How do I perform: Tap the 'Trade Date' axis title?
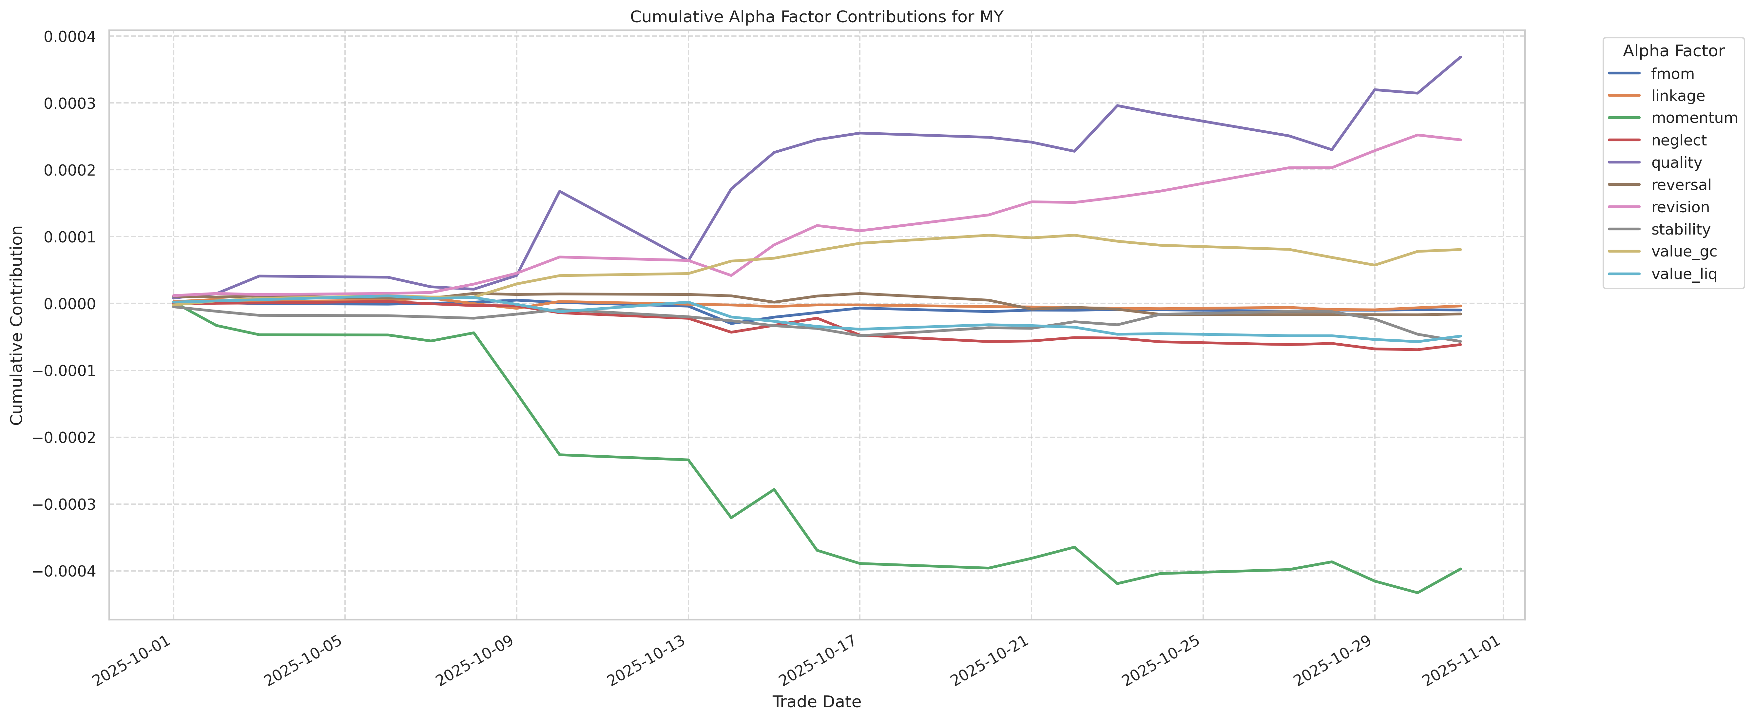(x=817, y=702)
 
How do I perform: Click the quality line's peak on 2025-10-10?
(x=559, y=191)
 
